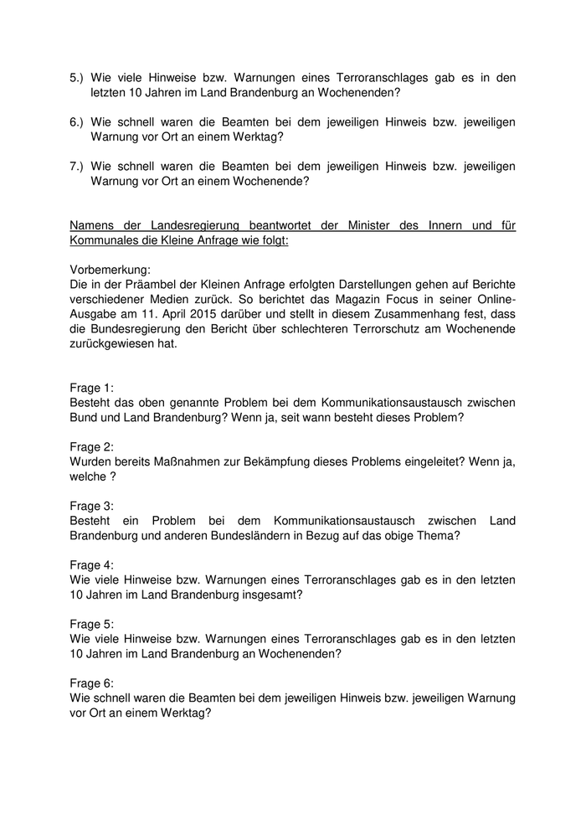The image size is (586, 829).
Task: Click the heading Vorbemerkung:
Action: (x=110, y=270)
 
